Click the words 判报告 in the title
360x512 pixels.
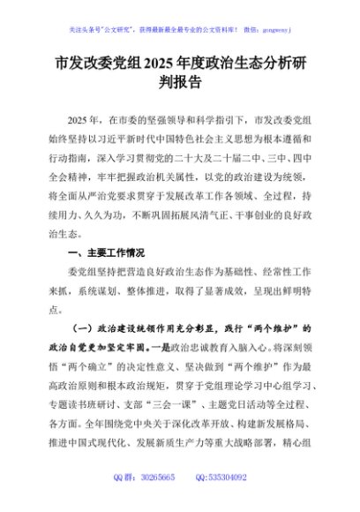(x=180, y=86)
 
